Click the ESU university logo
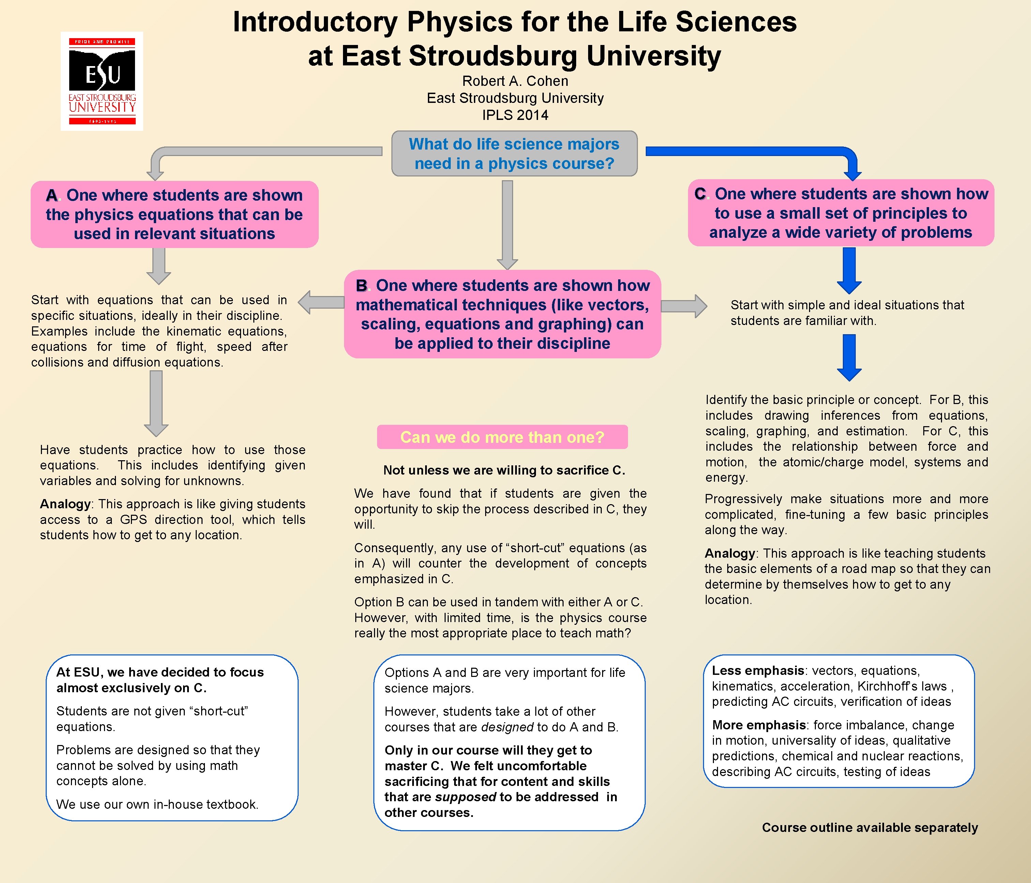[102, 81]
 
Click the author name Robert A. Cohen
[515, 81]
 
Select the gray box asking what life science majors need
[514, 154]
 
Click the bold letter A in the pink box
[51, 196]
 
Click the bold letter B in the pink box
[362, 286]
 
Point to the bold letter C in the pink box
[700, 194]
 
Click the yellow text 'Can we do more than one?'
[502, 437]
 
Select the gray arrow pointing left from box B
[321, 302]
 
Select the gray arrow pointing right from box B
[684, 306]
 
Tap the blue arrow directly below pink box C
[849, 270]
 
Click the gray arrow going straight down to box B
[507, 224]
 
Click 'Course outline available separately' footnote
[870, 827]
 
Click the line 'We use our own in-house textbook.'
[157, 804]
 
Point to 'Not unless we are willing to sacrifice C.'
[504, 470]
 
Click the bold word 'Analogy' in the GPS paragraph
[65, 504]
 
